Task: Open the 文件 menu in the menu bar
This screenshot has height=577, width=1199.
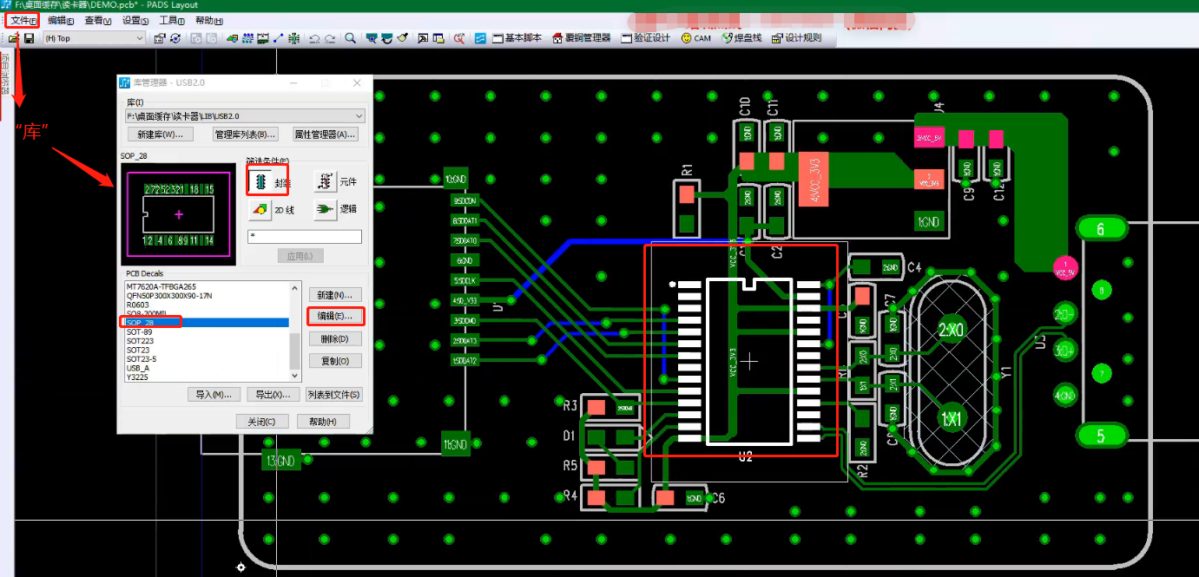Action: (x=23, y=20)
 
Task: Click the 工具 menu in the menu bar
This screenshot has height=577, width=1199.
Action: (x=172, y=21)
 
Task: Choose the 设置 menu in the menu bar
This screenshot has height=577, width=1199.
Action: (x=135, y=21)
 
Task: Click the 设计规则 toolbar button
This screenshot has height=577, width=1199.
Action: (x=797, y=38)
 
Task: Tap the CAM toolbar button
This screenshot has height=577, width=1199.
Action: (x=696, y=38)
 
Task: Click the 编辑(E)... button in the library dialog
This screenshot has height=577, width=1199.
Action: (x=335, y=317)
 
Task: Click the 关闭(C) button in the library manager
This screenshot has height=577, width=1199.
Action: (x=261, y=422)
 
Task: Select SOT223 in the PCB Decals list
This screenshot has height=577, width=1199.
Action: (x=140, y=341)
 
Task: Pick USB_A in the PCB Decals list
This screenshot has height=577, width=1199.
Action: (x=138, y=368)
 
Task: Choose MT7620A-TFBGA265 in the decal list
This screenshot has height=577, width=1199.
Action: (x=161, y=286)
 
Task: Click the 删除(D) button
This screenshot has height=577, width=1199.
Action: (x=335, y=339)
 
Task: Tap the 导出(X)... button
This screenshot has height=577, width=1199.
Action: (x=269, y=395)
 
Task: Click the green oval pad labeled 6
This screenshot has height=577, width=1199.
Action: (x=1102, y=229)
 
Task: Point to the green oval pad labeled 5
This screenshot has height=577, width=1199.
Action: (x=1101, y=436)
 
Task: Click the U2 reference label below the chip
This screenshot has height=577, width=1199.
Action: (x=745, y=456)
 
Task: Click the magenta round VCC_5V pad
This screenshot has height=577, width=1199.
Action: (x=1065, y=269)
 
